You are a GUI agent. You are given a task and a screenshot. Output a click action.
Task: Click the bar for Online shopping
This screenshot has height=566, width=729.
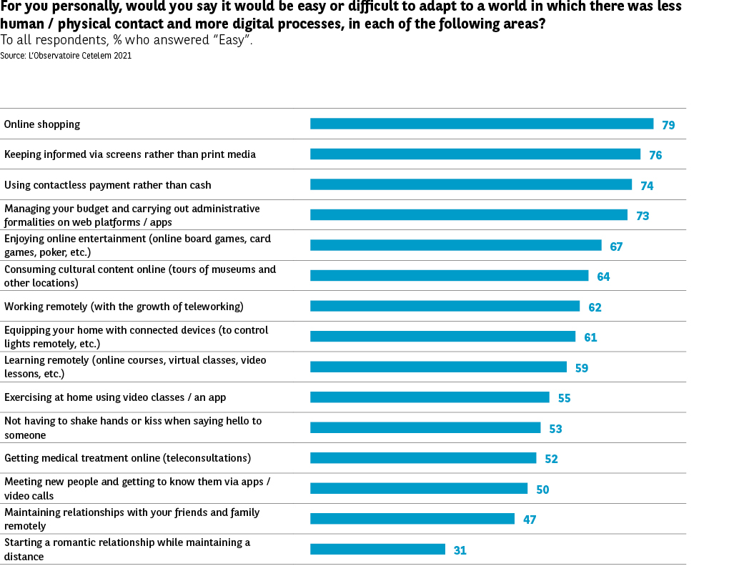tap(481, 124)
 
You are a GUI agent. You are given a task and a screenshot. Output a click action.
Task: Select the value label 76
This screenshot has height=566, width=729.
tap(655, 155)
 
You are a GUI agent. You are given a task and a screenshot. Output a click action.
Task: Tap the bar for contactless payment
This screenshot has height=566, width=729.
tap(470, 184)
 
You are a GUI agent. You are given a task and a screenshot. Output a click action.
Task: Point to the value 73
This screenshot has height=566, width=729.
tap(643, 216)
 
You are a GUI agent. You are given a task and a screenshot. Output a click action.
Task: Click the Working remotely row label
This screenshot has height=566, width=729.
tap(124, 307)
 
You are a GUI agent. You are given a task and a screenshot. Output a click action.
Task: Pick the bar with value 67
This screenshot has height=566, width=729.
tap(455, 245)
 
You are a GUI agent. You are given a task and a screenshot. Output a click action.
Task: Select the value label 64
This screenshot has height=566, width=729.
tap(603, 277)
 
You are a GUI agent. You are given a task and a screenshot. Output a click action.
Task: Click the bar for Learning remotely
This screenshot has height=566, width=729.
tap(438, 367)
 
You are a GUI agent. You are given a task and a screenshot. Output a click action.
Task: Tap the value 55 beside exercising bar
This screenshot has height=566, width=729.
tap(564, 398)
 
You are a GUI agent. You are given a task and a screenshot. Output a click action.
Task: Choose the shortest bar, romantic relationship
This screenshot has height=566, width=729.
tap(377, 549)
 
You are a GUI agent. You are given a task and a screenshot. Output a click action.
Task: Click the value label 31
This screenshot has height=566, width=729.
tap(460, 550)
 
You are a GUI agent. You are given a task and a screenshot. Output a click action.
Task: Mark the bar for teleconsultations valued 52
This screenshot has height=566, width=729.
tap(422, 458)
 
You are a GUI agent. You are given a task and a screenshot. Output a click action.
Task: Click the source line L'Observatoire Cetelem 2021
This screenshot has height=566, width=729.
tap(66, 55)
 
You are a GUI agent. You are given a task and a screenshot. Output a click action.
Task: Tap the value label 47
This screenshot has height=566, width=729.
tap(530, 520)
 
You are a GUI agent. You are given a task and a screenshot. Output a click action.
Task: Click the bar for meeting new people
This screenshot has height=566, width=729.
tap(418, 488)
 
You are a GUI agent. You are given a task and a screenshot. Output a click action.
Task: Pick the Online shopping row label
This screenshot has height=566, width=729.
tap(42, 124)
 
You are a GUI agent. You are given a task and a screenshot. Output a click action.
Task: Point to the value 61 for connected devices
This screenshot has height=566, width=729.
tap(590, 337)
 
